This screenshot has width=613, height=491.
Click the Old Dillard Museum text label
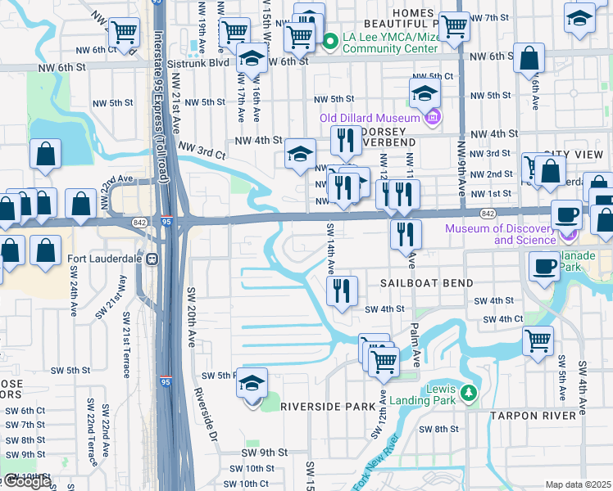(x=370, y=117)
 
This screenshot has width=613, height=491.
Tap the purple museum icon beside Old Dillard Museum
(x=433, y=117)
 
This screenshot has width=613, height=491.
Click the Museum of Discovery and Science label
(x=502, y=234)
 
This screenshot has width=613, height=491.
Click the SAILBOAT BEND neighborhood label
(x=426, y=283)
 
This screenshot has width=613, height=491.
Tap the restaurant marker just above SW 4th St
(x=341, y=291)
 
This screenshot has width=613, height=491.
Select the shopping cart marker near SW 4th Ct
(x=538, y=340)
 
